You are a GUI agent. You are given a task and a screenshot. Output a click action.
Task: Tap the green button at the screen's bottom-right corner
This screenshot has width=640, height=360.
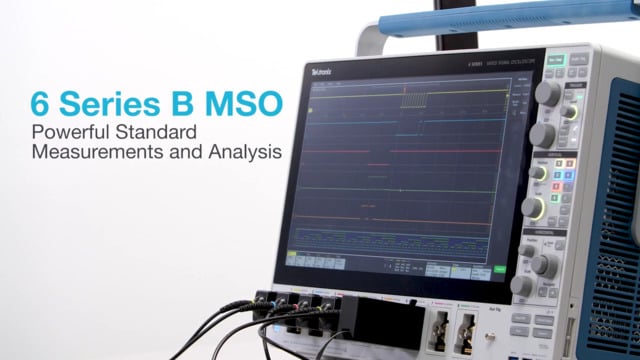500,269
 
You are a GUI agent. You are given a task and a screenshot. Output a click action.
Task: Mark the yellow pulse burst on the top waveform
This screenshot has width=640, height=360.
413,98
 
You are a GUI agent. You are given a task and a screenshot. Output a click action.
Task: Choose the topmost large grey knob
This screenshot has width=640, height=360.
548,93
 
